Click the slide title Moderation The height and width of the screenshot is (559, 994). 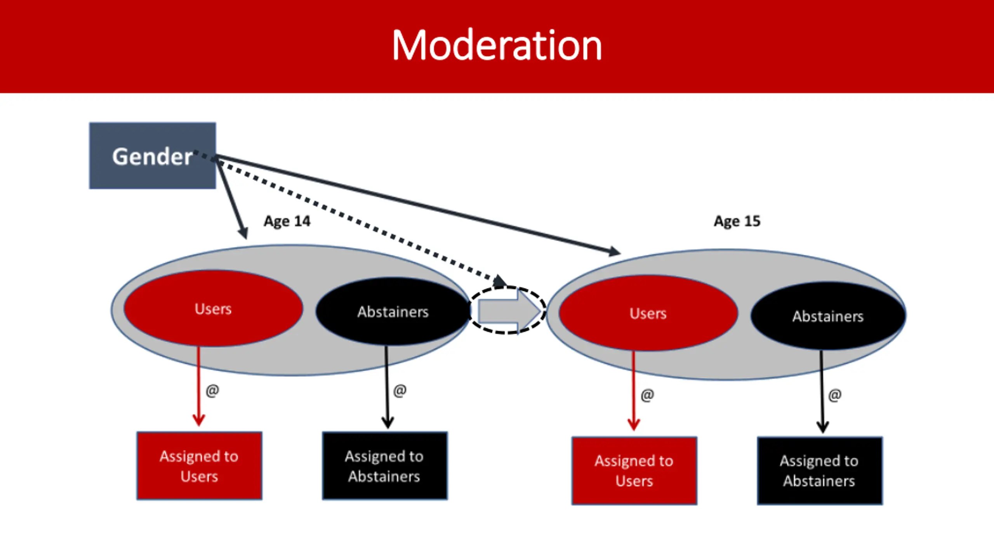[x=497, y=45]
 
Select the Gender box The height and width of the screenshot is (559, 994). [x=153, y=156]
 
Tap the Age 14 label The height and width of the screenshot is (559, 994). [x=287, y=221]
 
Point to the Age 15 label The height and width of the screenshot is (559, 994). [x=737, y=221]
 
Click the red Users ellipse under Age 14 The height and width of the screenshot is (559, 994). [x=213, y=309]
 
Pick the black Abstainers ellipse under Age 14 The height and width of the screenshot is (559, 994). [x=393, y=311]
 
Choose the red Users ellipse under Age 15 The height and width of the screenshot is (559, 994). [x=648, y=313]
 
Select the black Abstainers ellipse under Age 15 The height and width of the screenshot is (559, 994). [x=828, y=316]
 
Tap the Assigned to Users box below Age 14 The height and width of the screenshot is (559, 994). [x=199, y=466]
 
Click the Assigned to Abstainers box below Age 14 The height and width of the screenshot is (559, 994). [x=385, y=466]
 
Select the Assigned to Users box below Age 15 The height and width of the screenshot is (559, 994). [x=634, y=471]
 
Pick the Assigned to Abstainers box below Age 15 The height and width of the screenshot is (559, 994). [x=820, y=471]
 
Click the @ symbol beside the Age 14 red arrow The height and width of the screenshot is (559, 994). [x=212, y=391]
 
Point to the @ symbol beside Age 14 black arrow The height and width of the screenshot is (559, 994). [x=400, y=391]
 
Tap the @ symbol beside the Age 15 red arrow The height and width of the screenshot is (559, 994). [x=647, y=395]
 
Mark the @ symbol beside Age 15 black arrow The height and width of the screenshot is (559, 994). [x=835, y=395]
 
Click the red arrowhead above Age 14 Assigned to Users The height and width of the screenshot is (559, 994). [x=199, y=420]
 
